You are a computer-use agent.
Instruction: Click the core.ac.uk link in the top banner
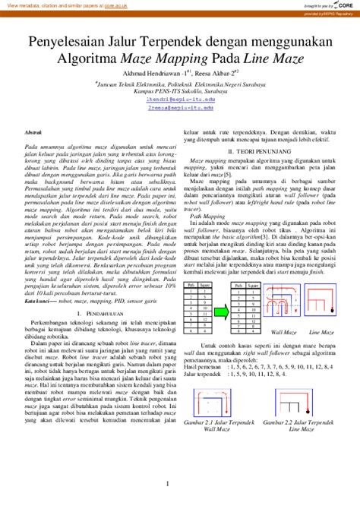click(116, 5)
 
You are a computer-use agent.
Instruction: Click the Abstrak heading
click(35, 132)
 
